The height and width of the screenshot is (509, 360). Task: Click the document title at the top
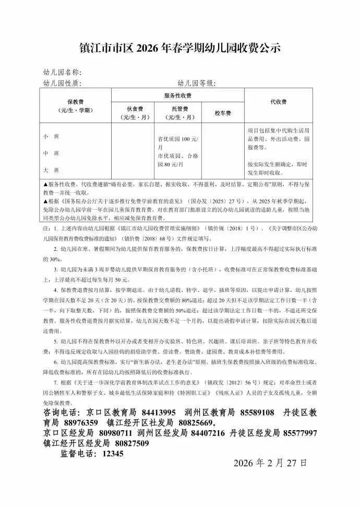point(180,49)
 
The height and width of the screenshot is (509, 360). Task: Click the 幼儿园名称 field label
point(61,72)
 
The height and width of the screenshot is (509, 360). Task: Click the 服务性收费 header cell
point(178,95)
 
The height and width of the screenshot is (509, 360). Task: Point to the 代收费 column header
point(278,102)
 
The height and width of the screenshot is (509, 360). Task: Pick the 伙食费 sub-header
point(133,113)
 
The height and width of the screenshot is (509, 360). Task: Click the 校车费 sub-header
point(223,113)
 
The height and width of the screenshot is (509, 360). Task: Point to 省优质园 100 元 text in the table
point(178,140)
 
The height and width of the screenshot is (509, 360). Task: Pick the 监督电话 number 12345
point(113,454)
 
